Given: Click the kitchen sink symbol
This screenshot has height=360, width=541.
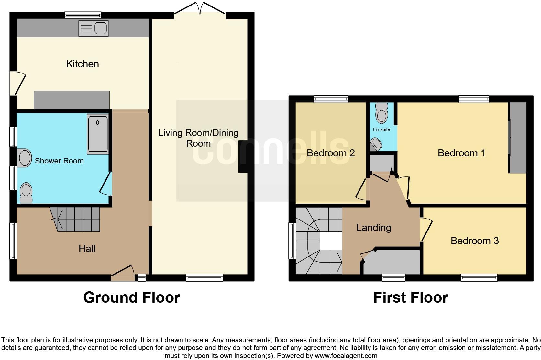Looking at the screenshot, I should pyautogui.click(x=94, y=28).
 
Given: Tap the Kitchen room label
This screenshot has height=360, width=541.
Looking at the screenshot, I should pyautogui.click(x=83, y=64).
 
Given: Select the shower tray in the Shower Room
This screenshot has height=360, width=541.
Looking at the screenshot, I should pyautogui.click(x=98, y=134).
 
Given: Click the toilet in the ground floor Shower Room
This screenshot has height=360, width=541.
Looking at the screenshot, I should pyautogui.click(x=26, y=193).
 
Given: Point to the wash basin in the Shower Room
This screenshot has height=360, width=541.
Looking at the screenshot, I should pyautogui.click(x=24, y=158).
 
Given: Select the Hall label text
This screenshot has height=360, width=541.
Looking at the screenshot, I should pyautogui.click(x=87, y=249).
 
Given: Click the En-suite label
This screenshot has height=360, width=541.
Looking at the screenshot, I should pyautogui.click(x=381, y=129).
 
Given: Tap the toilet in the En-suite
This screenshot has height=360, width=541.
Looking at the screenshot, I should pyautogui.click(x=382, y=113).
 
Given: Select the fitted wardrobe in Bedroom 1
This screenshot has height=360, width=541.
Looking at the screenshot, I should pyautogui.click(x=517, y=138).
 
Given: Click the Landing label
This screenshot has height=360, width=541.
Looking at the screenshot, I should pyautogui.click(x=373, y=228).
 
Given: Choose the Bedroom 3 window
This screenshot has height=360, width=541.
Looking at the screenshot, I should pyautogui.click(x=479, y=277).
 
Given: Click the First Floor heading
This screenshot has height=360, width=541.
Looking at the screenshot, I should pyautogui.click(x=410, y=298).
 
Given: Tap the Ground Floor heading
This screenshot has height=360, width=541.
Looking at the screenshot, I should pyautogui.click(x=131, y=298).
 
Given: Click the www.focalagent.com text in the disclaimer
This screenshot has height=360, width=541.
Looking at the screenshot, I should pyautogui.click(x=346, y=356).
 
